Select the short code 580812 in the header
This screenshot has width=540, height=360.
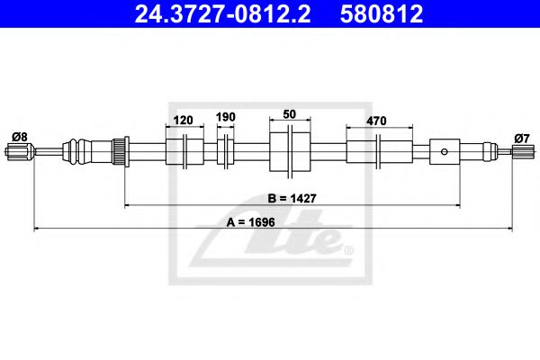coord(382,14)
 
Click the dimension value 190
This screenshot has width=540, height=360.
coord(225,118)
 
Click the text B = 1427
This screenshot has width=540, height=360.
coord(291,198)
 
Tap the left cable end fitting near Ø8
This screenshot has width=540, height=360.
coord(18,154)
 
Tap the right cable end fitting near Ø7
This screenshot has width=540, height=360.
coord(520,154)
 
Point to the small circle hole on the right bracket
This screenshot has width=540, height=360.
coord(443,151)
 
